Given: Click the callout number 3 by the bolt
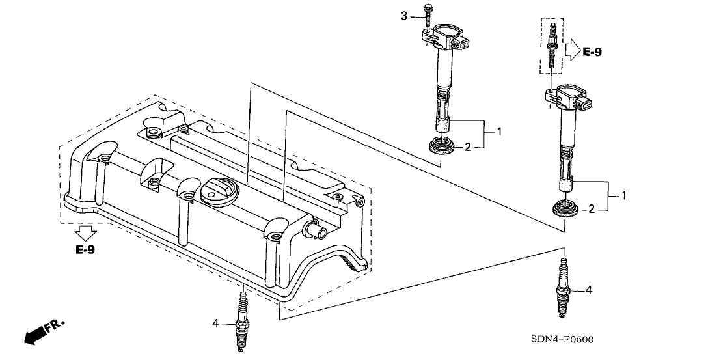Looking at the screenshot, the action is tap(404, 16).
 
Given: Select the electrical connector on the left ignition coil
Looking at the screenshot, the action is tap(461, 44).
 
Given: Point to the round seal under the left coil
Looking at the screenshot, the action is tap(442, 147).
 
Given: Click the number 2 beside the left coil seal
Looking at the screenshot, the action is tap(468, 147).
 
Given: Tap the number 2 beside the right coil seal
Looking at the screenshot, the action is tap(592, 209).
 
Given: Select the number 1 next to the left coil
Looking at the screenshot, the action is tap(499, 132).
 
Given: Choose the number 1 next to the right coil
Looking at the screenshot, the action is tap(624, 195).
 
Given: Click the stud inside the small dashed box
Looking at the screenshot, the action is tap(551, 46).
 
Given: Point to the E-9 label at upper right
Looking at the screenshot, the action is tap(592, 52).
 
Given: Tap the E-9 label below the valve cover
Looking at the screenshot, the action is tap(85, 250).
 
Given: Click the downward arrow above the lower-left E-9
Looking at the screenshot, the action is tap(85, 233).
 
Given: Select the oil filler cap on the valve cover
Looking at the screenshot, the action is tap(219, 191).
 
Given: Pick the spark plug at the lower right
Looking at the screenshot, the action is tap(562, 287).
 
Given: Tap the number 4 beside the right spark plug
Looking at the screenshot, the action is tap(588, 290).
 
